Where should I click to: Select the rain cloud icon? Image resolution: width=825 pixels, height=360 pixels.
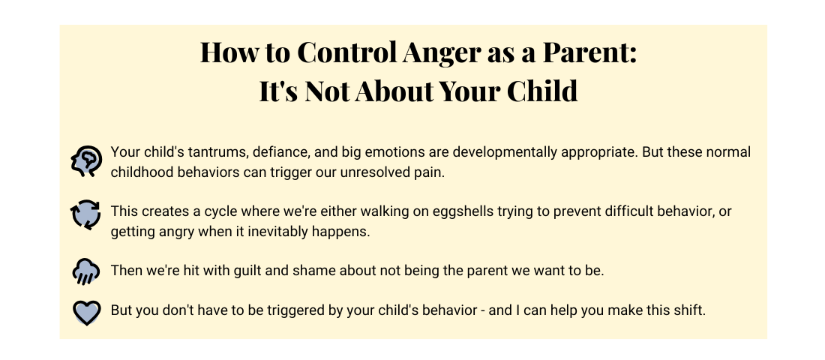point(85,271)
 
